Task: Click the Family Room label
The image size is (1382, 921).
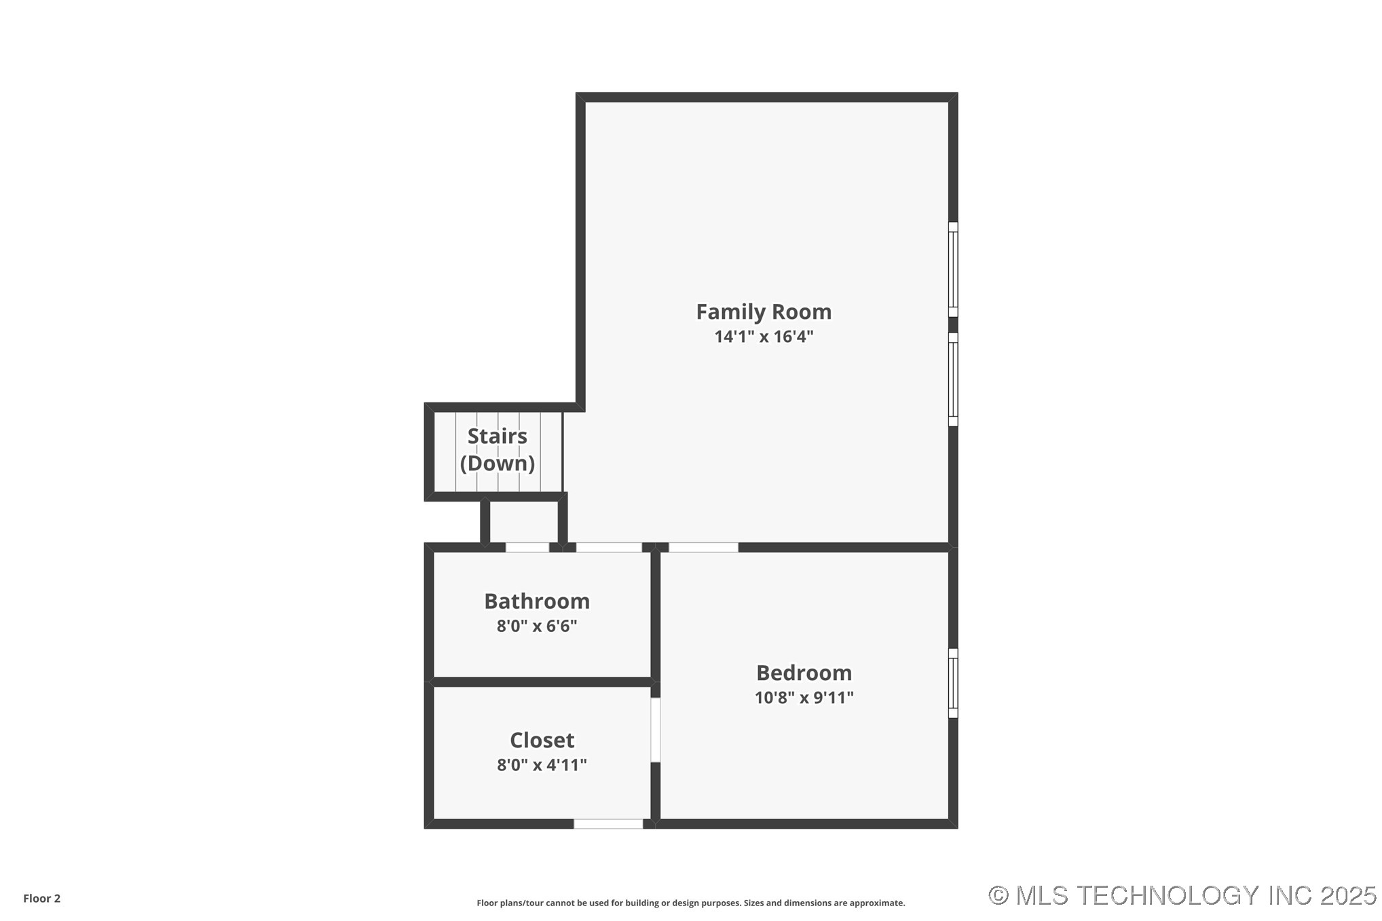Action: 764,312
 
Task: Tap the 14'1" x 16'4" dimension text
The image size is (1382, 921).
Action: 764,337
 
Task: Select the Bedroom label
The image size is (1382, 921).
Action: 804,673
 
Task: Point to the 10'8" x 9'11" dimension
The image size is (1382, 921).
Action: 804,698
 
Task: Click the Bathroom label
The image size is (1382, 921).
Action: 537,601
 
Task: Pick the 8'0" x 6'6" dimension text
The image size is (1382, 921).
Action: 537,626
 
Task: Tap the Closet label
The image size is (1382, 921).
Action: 542,740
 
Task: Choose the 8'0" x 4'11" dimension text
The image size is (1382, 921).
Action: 542,765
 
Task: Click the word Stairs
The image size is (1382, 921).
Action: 497,436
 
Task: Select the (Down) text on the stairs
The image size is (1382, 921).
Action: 497,463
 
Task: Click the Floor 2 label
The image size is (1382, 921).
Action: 42,899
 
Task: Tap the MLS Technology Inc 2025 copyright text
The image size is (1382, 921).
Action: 1182,895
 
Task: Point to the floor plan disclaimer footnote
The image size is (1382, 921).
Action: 691,903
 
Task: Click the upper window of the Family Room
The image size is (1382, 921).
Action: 953,269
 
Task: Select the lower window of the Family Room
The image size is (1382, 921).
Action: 953,379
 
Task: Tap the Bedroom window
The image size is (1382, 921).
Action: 953,683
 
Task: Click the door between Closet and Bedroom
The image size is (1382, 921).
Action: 656,730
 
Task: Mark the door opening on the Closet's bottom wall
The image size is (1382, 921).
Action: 608,824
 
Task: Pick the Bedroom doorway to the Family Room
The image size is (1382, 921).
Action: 703,547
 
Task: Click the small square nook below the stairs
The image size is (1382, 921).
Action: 523,522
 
